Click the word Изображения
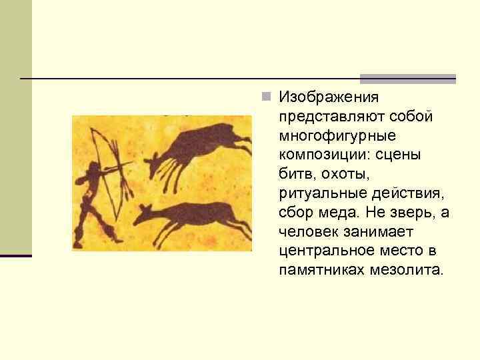point(329,97)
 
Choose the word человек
point(310,233)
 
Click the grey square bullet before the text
point(266,97)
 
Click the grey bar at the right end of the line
point(408,78)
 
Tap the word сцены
point(406,155)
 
